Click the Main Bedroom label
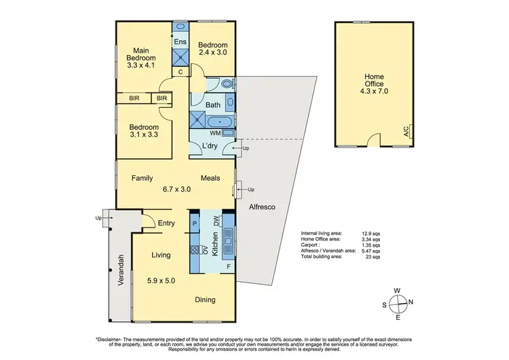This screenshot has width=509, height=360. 141,55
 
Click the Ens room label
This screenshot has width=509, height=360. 180,42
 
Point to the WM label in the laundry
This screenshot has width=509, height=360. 214,132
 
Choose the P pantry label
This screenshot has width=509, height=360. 194,223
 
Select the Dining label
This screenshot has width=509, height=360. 205,300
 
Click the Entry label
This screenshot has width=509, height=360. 167,223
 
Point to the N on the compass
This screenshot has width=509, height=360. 411,302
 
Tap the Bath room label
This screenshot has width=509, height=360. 212,105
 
